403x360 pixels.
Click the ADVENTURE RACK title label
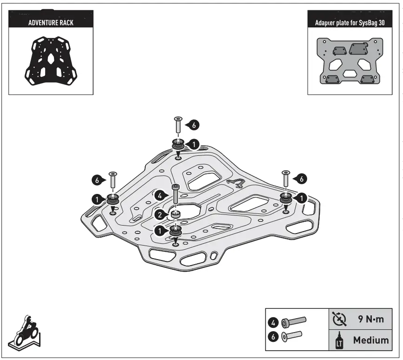click(x=48, y=22)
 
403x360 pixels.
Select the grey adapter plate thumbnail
click(x=349, y=61)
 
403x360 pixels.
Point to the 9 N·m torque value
click(x=370, y=320)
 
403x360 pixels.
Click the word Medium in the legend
click(x=371, y=340)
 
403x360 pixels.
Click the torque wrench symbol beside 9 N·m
click(x=339, y=320)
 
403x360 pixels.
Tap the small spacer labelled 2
click(x=175, y=214)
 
